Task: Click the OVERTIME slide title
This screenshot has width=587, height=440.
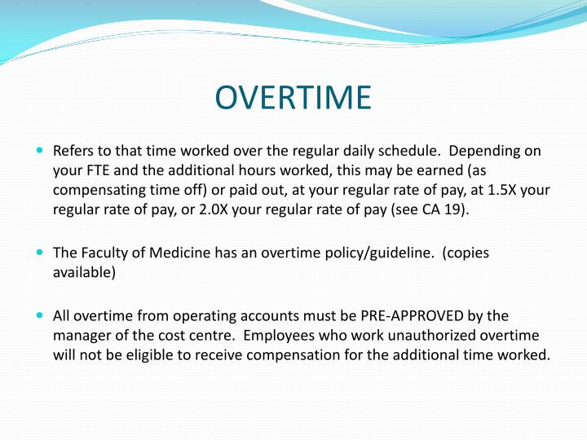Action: coord(293,97)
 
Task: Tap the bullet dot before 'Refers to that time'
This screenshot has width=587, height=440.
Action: coord(41,151)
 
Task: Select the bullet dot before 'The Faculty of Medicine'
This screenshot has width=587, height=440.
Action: coord(41,253)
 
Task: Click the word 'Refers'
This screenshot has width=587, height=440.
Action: coord(74,152)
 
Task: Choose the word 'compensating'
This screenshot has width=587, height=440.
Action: coord(99,191)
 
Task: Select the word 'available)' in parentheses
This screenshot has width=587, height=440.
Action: coord(85,272)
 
